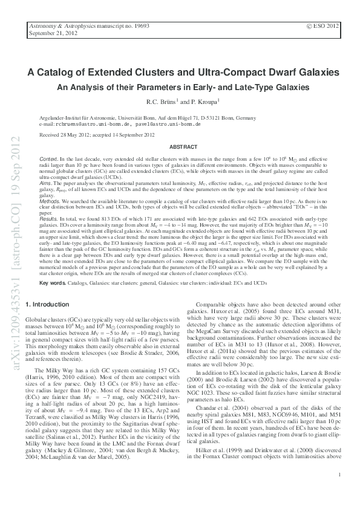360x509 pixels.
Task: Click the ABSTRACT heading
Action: click(183, 147)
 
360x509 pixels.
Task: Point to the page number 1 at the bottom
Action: click(341, 475)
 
